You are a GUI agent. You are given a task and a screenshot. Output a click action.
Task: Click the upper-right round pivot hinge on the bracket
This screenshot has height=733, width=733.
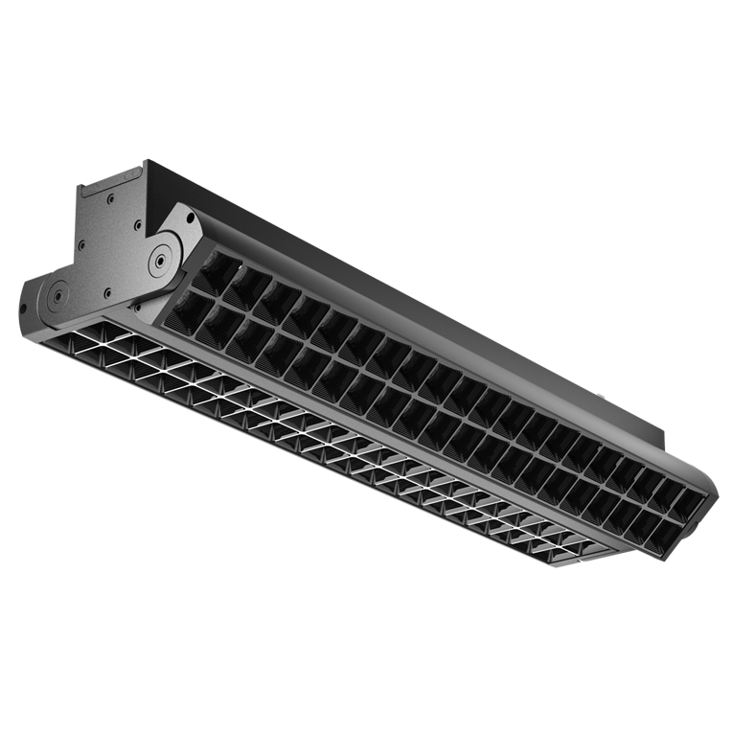158,256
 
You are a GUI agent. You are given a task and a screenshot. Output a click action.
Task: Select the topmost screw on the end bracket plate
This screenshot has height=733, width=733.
111,199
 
